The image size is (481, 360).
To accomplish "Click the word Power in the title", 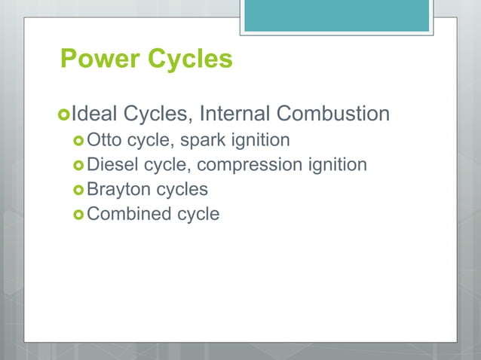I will pos(96,59).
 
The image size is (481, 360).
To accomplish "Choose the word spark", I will pos(201,141).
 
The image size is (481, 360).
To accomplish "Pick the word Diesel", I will pos(110,164).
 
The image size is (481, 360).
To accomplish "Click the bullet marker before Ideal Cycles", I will pos(63,114).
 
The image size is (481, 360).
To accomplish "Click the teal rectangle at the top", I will pos(336,15).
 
